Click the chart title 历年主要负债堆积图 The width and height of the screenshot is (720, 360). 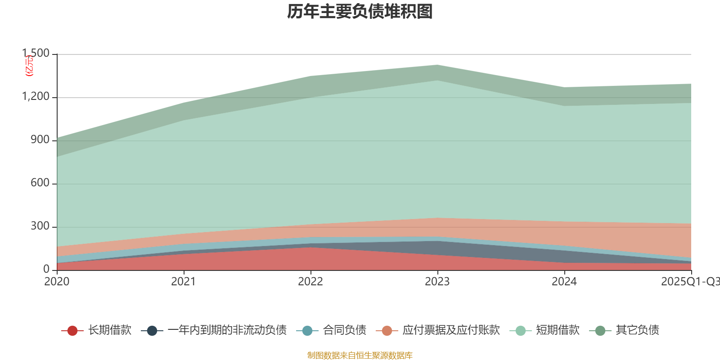[x=360, y=12]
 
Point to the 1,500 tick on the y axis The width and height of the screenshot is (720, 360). [x=36, y=54]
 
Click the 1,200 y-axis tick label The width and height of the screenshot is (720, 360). [x=36, y=97]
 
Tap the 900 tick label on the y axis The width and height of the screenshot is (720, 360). [x=40, y=140]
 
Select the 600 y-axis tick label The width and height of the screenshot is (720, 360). [x=40, y=183]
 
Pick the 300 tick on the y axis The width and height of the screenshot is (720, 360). [x=40, y=226]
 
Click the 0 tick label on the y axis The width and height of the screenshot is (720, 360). [x=46, y=269]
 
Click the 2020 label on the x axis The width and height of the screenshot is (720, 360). [x=57, y=282]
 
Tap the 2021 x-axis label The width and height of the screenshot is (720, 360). [x=184, y=282]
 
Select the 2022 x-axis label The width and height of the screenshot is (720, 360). [x=310, y=282]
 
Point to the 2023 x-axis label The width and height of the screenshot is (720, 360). [x=437, y=282]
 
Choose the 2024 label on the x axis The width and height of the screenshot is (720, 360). [x=564, y=282]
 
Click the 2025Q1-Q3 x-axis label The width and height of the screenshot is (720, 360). [x=689, y=282]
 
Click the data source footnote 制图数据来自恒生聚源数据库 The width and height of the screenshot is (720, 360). [x=360, y=355]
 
